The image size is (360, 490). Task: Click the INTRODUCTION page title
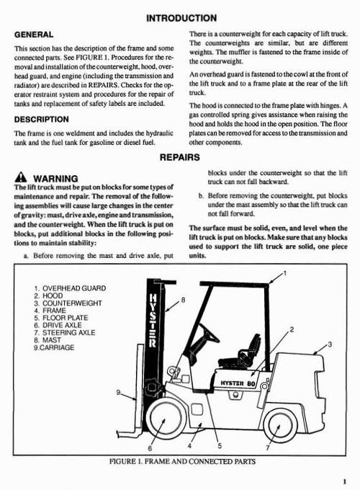pos(180,17)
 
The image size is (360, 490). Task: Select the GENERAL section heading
pos(35,33)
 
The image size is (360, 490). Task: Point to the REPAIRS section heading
pos(180,156)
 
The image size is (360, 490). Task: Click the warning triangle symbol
pos(20,178)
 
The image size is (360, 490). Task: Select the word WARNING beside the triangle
pos(56,178)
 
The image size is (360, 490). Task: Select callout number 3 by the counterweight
pos(330,345)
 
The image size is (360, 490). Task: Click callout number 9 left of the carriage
pos(117,392)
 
